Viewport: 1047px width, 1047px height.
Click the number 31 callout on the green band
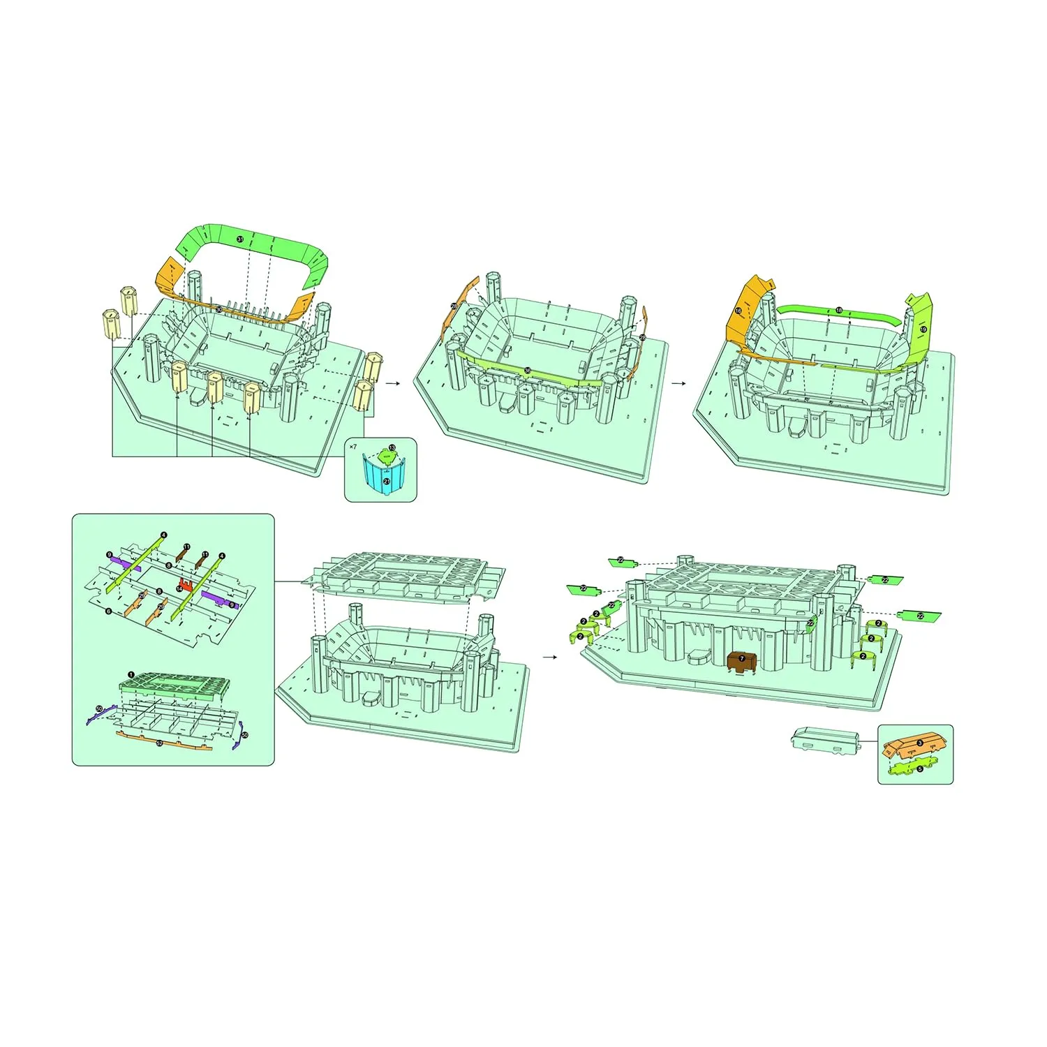click(240, 239)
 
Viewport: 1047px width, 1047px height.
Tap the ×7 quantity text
click(353, 446)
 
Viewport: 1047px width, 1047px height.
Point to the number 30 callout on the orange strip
click(219, 309)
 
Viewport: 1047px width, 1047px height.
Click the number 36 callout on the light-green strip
click(528, 371)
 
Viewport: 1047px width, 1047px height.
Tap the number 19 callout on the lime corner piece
click(923, 329)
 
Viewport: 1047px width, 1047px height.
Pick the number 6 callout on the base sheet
click(109, 611)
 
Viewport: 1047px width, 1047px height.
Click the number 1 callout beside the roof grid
click(131, 675)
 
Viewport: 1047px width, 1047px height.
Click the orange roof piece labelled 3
click(914, 745)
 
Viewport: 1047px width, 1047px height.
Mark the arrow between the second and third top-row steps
click(678, 383)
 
